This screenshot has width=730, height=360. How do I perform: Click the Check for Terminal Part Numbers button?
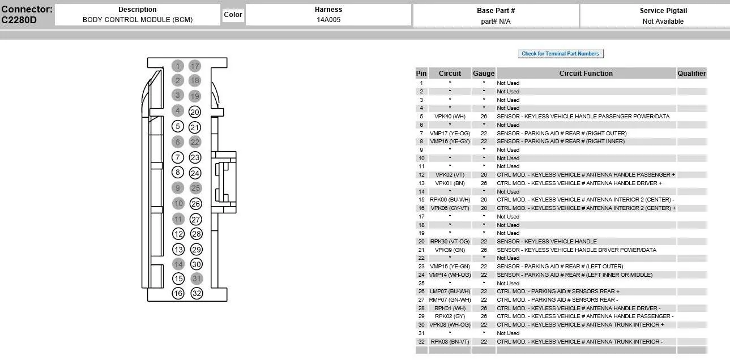pyautogui.click(x=561, y=53)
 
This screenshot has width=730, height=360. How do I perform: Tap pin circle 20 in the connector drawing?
pyautogui.click(x=195, y=112)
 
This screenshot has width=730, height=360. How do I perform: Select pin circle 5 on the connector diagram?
pyautogui.click(x=178, y=126)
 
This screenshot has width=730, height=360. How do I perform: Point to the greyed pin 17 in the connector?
pyautogui.click(x=195, y=66)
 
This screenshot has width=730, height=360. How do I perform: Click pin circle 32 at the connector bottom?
pyautogui.click(x=197, y=293)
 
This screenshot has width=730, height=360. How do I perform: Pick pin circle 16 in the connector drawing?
pyautogui.click(x=178, y=293)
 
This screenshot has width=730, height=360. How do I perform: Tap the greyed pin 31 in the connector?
pyautogui.click(x=197, y=278)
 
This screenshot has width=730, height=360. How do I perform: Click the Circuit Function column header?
pyautogui.click(x=586, y=74)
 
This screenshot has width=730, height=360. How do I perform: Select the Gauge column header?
pyautogui.click(x=484, y=74)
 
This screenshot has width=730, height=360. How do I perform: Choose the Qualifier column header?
pyautogui.click(x=692, y=74)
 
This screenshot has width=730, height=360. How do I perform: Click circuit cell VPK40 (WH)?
pyautogui.click(x=450, y=116)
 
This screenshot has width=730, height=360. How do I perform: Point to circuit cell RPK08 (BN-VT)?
pyautogui.click(x=450, y=342)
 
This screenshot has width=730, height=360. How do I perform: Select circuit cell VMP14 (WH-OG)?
pyautogui.click(x=450, y=275)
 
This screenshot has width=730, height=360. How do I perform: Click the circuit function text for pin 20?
pyautogui.click(x=547, y=241)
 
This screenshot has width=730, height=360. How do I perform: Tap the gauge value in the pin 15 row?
pyautogui.click(x=484, y=200)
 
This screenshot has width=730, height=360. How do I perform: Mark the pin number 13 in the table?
pyautogui.click(x=421, y=183)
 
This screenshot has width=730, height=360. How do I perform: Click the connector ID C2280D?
pyautogui.click(x=19, y=20)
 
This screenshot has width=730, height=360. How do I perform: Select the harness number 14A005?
pyautogui.click(x=328, y=20)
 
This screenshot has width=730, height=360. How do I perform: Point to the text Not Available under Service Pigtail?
pyautogui.click(x=663, y=22)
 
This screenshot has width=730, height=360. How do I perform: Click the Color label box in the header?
pyautogui.click(x=233, y=15)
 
